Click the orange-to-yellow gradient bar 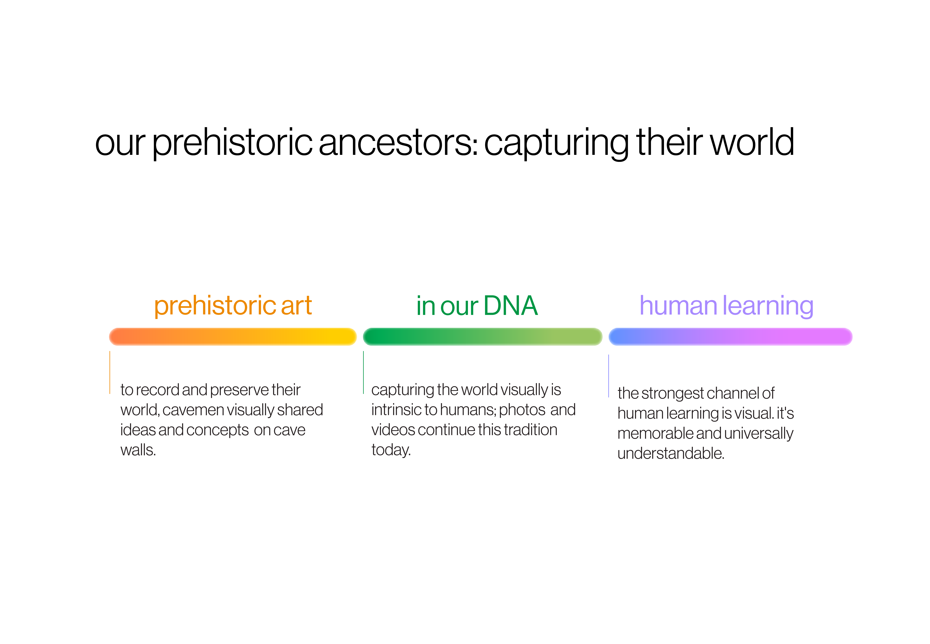[x=233, y=337]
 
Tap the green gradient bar [x=482, y=337]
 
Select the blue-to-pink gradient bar [x=730, y=337]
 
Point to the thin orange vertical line [x=110, y=372]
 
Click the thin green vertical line [x=363, y=372]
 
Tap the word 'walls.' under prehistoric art [x=138, y=450]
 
